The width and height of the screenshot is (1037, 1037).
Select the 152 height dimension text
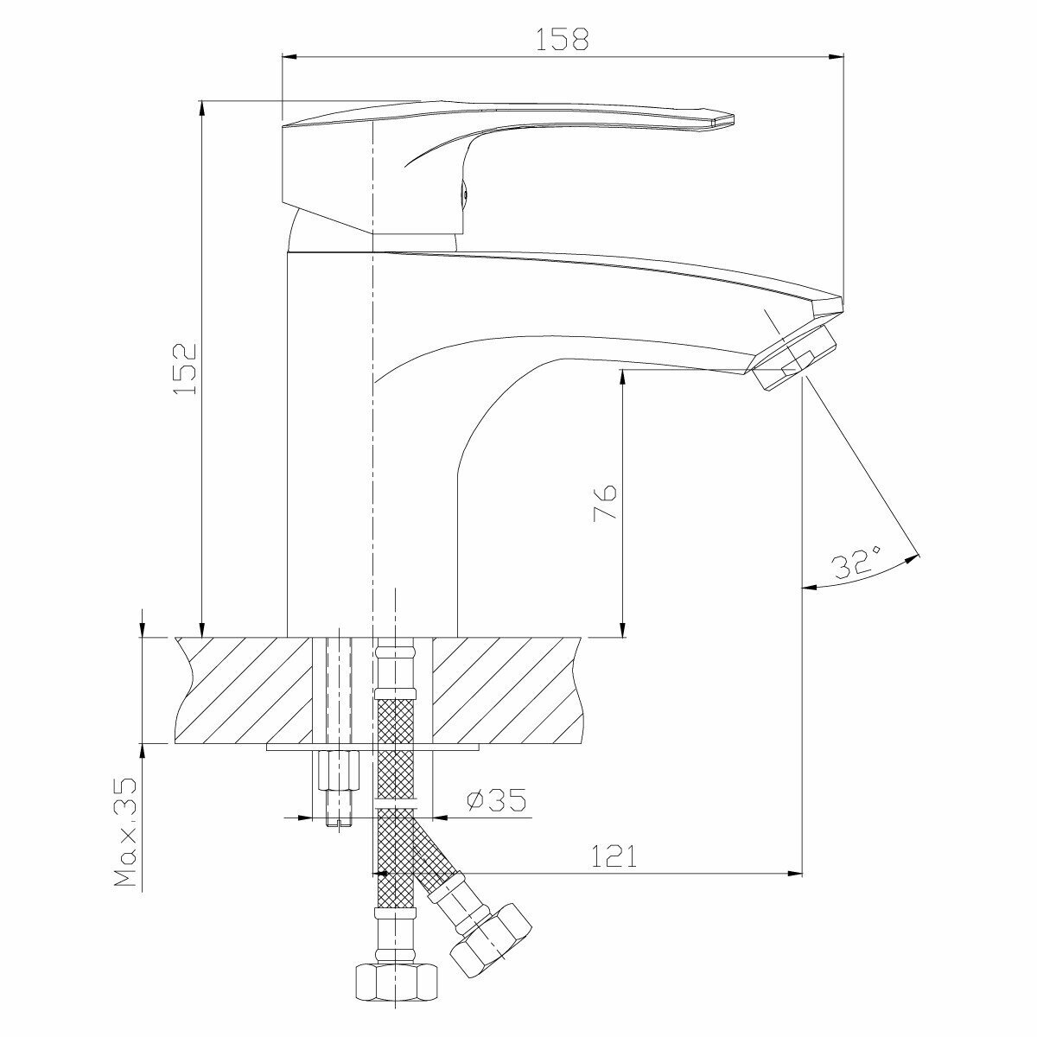tap(185, 369)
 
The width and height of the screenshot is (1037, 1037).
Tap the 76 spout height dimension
tap(605, 502)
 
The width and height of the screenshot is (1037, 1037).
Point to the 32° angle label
tap(856, 563)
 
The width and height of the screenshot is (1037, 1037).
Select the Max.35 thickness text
tap(127, 833)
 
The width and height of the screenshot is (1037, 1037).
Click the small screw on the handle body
tap(463, 194)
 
